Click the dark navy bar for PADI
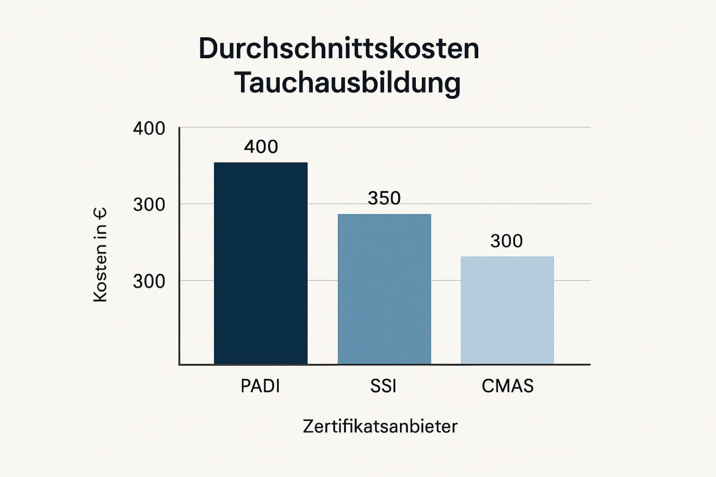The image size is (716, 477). point(261,263)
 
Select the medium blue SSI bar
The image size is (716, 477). point(384,289)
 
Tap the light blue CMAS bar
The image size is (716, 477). point(507,310)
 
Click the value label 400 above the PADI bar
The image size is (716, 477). point(261,146)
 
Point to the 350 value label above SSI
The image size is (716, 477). point(384,198)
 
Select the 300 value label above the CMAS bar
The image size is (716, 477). point(506,241)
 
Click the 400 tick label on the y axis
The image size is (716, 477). point(149,128)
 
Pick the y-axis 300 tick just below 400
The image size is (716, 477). point(149,205)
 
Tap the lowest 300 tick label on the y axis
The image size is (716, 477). point(149,281)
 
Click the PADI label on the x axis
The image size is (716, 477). point(260,386)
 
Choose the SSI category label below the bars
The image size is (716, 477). point(383,386)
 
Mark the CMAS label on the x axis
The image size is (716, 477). point(507,386)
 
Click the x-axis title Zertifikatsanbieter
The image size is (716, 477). point(380,426)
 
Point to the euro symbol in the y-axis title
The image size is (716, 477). point(100,214)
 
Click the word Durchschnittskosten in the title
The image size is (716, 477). point(339,48)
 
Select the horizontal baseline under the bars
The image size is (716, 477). point(384,365)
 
